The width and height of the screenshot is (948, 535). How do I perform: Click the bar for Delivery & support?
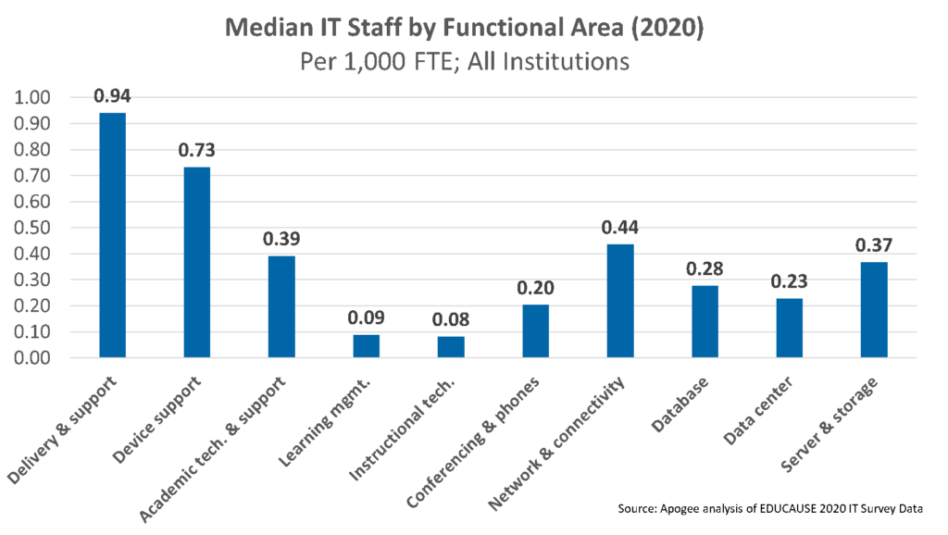click(x=113, y=235)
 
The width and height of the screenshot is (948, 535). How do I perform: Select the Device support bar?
click(x=197, y=262)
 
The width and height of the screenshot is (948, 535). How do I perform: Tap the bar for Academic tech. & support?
click(x=281, y=306)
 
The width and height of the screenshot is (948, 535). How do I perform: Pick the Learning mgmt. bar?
click(x=367, y=346)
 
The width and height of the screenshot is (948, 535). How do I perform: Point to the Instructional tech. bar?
click(x=451, y=347)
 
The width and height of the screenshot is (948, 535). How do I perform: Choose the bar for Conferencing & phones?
click(x=535, y=330)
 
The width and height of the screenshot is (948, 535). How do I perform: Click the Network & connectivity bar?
click(x=620, y=300)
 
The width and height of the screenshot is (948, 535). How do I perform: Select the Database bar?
click(x=705, y=321)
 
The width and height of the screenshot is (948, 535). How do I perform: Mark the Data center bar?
click(x=789, y=328)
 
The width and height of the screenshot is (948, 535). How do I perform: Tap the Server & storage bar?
click(x=874, y=309)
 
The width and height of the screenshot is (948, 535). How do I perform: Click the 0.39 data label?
click(x=281, y=239)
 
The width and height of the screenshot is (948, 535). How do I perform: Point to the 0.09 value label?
click(x=367, y=317)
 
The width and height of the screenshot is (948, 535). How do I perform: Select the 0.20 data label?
click(x=535, y=288)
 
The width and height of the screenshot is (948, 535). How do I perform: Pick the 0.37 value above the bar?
click(x=874, y=245)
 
